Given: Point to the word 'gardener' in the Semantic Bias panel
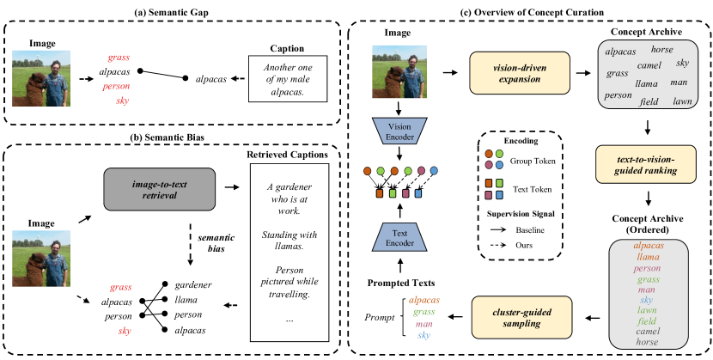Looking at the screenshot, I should (x=197, y=284).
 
